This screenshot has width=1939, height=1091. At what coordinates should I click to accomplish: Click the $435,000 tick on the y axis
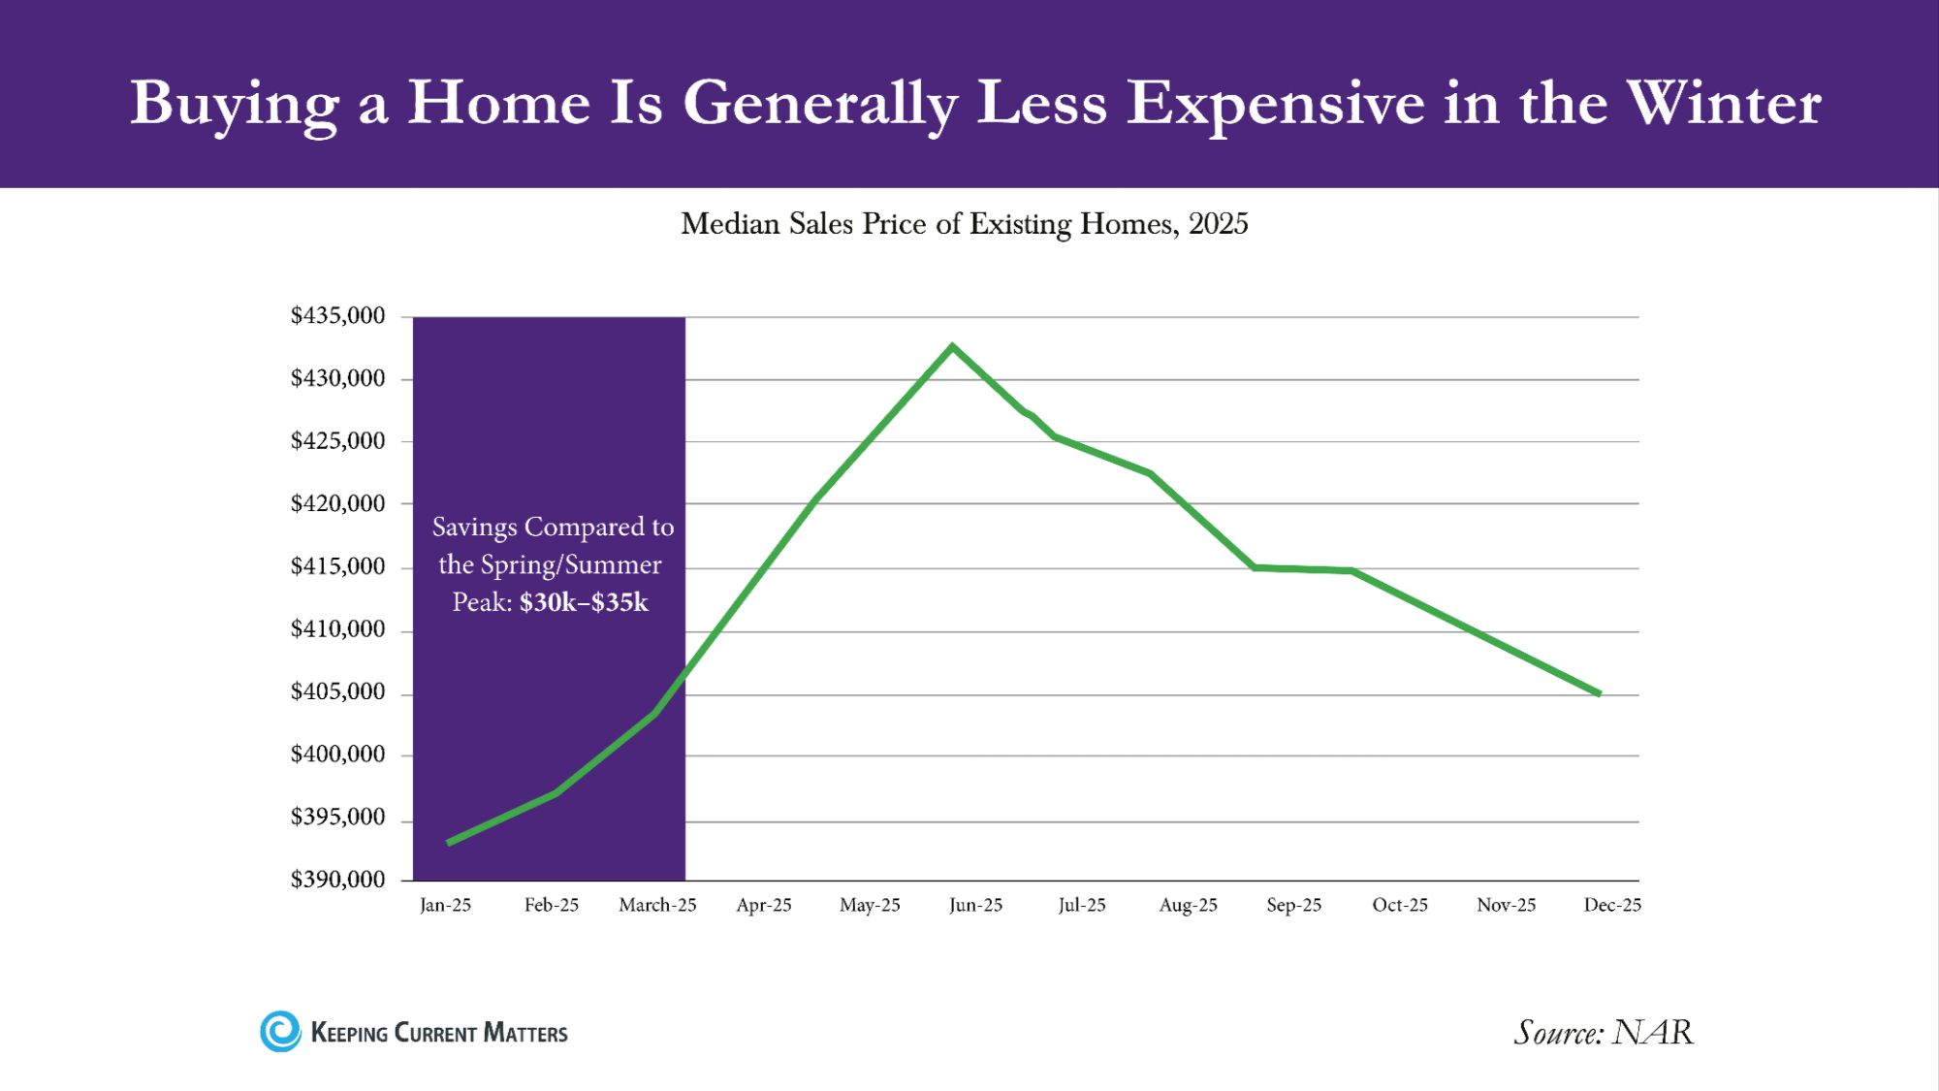[x=337, y=316]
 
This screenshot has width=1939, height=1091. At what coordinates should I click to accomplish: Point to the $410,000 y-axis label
[x=337, y=629]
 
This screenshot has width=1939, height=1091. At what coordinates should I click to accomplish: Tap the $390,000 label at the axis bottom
[x=337, y=880]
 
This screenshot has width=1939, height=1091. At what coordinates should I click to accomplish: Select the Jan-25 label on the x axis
[x=445, y=905]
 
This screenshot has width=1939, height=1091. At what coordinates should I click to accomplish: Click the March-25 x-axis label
[x=657, y=905]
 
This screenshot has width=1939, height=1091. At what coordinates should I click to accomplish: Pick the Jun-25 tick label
[x=975, y=905]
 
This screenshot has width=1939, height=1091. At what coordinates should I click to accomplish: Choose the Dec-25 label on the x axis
[x=1611, y=905]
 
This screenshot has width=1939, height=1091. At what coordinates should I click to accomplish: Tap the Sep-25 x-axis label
[x=1293, y=905]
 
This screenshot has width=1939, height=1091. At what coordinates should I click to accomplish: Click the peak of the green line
[x=952, y=346]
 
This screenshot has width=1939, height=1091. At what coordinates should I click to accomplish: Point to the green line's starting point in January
[x=449, y=843]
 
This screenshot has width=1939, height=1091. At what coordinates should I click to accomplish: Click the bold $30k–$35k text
[x=584, y=602]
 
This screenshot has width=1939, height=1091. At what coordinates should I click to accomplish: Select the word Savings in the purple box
[x=474, y=527]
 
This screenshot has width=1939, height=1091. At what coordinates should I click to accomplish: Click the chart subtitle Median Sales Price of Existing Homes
[x=964, y=224]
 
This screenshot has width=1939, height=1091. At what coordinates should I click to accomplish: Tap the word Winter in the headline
[x=1723, y=103]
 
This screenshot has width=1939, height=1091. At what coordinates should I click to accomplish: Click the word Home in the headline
[x=498, y=103]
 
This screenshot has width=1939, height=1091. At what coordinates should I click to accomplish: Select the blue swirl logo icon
[x=281, y=1032]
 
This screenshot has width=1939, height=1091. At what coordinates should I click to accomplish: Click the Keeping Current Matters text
[x=438, y=1033]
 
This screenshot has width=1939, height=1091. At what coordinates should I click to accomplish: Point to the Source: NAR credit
[x=1604, y=1032]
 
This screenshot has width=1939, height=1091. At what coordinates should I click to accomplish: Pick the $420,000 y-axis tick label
[x=337, y=503]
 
